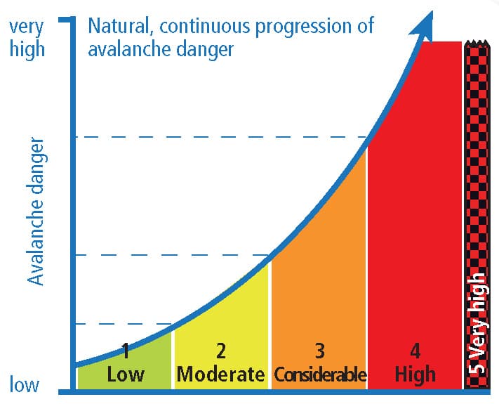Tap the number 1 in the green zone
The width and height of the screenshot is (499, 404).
click(126, 351)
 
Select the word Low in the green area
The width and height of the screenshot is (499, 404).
click(126, 374)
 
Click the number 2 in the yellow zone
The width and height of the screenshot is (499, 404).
click(221, 351)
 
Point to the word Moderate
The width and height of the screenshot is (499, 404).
click(220, 374)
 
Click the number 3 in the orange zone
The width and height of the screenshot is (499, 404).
click(319, 351)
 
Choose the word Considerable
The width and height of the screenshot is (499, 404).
click(320, 374)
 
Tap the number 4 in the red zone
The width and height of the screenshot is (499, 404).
click(415, 351)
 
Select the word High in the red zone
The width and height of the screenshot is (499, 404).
click(415, 374)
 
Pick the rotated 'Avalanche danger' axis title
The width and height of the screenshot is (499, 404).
click(36, 211)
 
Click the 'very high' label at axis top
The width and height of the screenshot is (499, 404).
click(27, 38)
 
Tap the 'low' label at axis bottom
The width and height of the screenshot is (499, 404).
click(24, 384)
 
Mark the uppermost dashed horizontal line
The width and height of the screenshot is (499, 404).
click(222, 137)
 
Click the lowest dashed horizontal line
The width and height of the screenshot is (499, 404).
click(124, 324)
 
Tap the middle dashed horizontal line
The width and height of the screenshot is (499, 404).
click(173, 255)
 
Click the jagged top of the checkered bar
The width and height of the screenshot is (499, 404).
click(476, 43)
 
